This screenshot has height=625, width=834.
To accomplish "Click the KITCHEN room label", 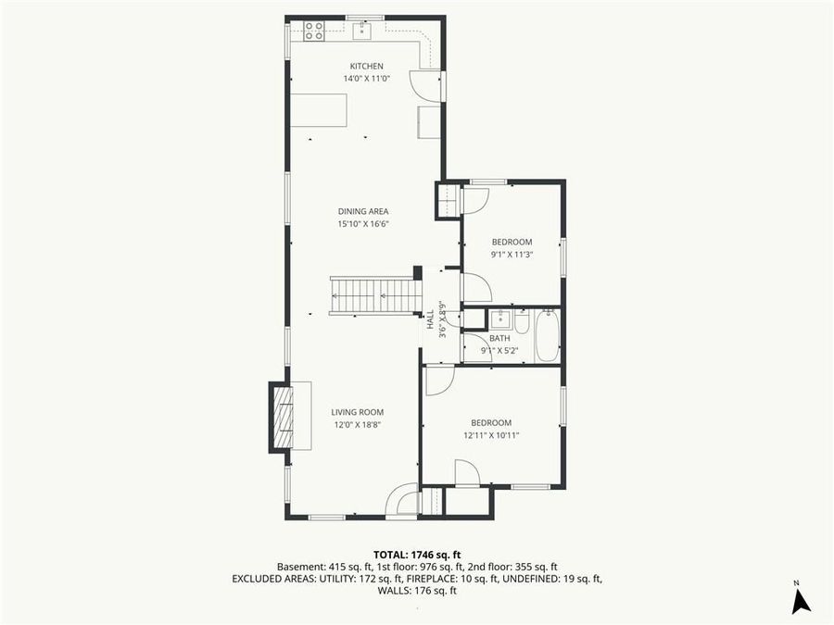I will (366, 66).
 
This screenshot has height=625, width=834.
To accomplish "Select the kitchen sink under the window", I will (360, 31).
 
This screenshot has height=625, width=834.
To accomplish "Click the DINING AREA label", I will (362, 211).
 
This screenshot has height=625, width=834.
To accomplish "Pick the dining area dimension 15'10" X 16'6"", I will (362, 224).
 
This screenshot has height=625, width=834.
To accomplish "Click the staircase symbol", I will (375, 296).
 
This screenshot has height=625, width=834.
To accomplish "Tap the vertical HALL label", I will (430, 319).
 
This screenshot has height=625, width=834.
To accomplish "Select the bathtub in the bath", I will (547, 335).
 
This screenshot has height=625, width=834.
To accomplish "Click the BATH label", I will (499, 338).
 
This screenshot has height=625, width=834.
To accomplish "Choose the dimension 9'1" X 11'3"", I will (512, 255).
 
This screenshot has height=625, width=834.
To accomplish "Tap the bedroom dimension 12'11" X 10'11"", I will (490, 435).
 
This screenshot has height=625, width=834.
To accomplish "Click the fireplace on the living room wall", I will (282, 417).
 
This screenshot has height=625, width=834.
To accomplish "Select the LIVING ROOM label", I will (358, 412).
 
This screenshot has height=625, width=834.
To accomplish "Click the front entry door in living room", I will (404, 500).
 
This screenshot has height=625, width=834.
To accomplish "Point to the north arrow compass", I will (801, 600).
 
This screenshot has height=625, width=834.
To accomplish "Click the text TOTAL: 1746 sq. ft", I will (417, 554).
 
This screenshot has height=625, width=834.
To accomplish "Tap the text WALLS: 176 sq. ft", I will (417, 590).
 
